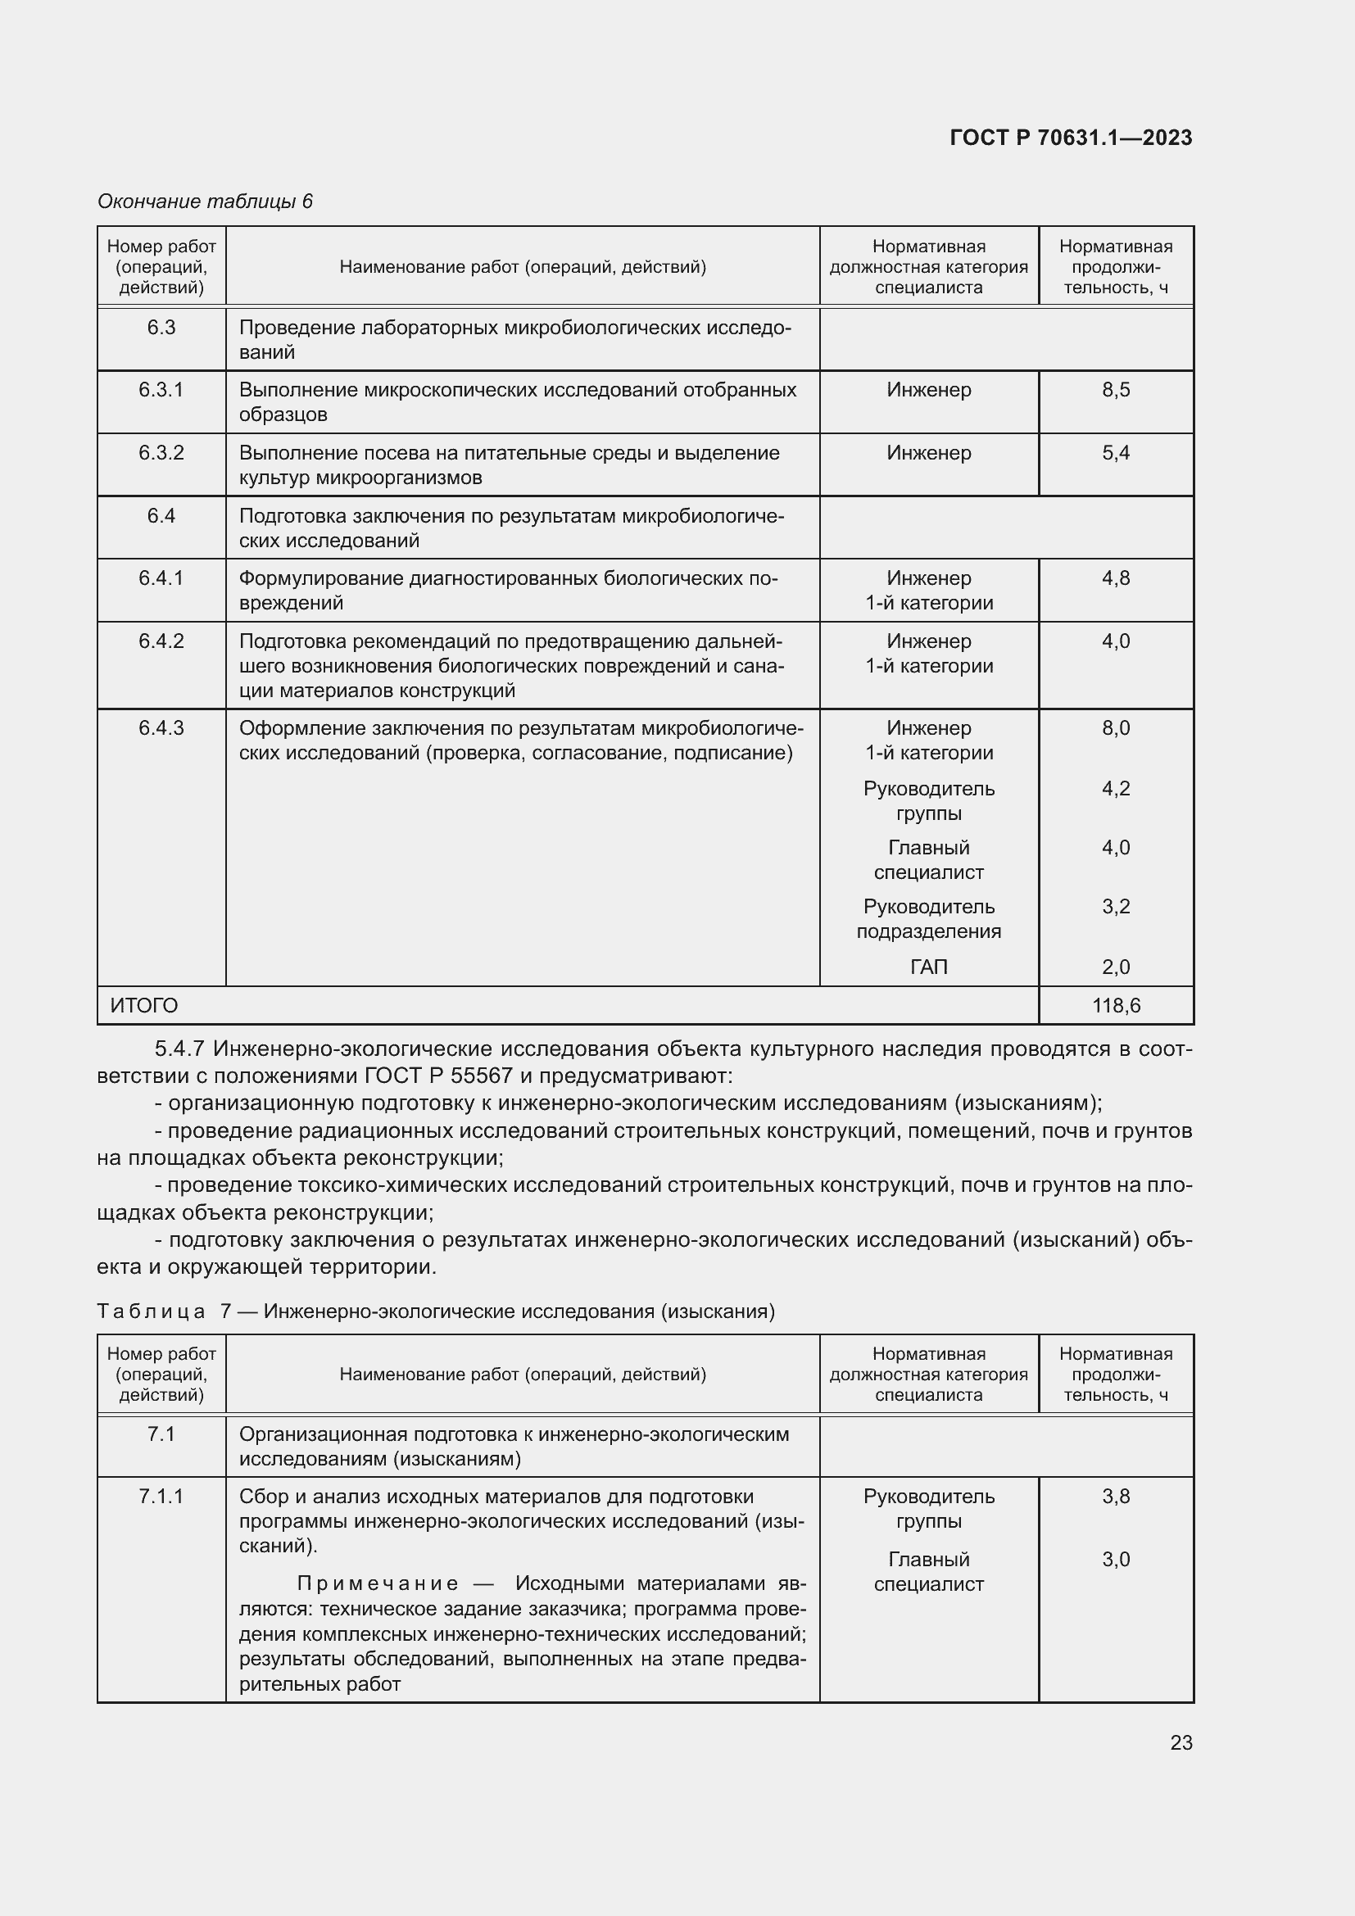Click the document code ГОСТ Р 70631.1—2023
click(x=1071, y=138)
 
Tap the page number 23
click(x=1181, y=1742)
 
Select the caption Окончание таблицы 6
click(x=205, y=202)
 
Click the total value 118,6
click(x=1116, y=1006)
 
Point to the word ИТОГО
click(x=143, y=1006)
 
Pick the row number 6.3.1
click(x=161, y=390)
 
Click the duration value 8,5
click(x=1116, y=390)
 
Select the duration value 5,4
click(x=1116, y=453)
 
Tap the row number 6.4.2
click(x=161, y=641)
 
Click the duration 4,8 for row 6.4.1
click(x=1116, y=578)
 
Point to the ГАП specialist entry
click(x=929, y=967)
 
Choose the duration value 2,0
click(x=1116, y=967)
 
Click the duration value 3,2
click(x=1116, y=906)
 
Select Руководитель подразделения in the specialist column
click(x=929, y=919)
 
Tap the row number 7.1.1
click(x=161, y=1497)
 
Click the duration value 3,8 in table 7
click(x=1116, y=1497)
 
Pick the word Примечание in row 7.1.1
click(x=377, y=1584)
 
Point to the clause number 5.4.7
click(x=184, y=1049)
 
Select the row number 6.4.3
click(x=161, y=727)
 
